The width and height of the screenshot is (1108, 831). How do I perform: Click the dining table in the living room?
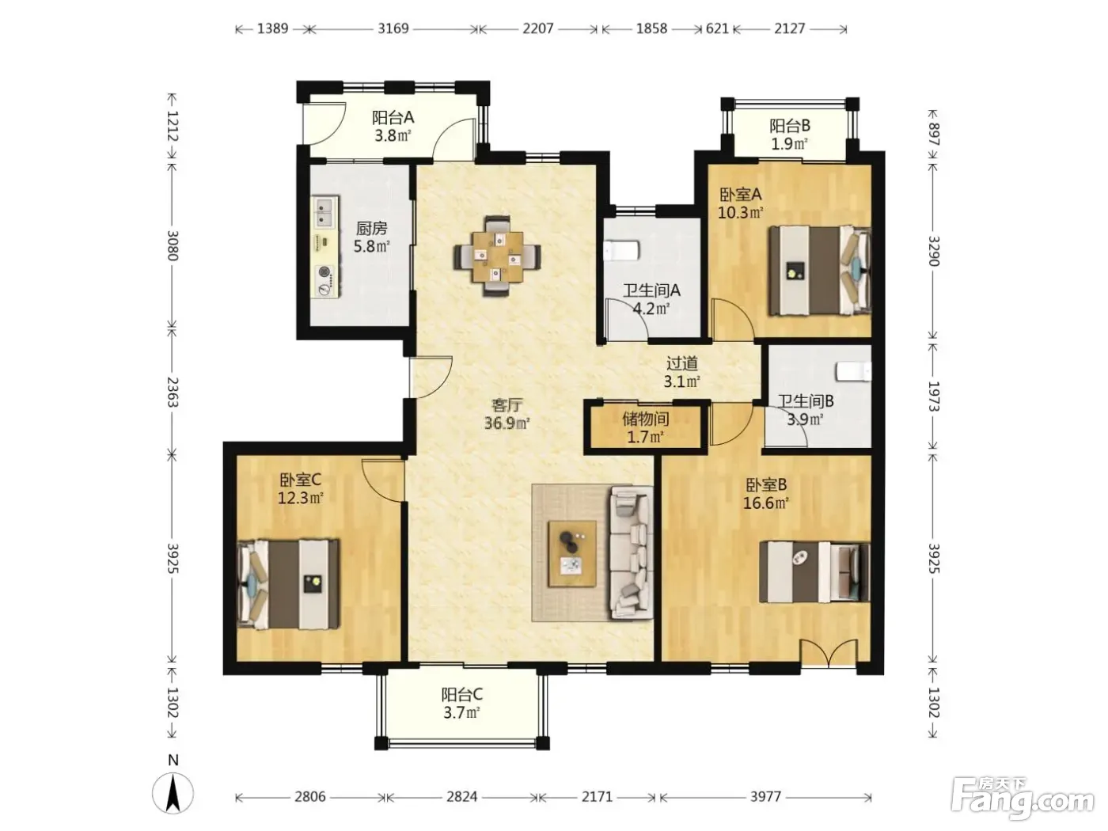497,256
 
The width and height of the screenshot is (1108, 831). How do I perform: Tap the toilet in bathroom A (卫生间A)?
621,250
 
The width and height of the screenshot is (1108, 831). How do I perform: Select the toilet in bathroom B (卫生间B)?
854,371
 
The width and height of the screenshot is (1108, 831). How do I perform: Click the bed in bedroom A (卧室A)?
820,271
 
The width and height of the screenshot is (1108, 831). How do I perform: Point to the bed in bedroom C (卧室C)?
288,584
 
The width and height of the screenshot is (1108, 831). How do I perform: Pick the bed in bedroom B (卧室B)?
814,572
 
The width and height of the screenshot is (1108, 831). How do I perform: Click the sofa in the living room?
632,552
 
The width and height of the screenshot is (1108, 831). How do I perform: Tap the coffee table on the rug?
572,553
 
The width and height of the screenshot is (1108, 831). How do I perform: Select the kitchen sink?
324,212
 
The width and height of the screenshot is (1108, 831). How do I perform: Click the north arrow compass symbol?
173,793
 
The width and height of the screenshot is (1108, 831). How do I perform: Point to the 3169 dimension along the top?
393,28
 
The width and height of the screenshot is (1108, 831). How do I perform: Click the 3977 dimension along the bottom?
766,797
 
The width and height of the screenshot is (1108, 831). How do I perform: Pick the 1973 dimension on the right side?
933,396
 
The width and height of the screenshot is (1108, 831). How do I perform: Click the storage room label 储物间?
646,419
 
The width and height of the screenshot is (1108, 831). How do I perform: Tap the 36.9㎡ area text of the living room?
507,423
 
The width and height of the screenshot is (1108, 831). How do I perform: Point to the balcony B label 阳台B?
790,126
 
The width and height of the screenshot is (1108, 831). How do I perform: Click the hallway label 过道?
682,362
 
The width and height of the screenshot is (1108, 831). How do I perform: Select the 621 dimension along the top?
717,28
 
